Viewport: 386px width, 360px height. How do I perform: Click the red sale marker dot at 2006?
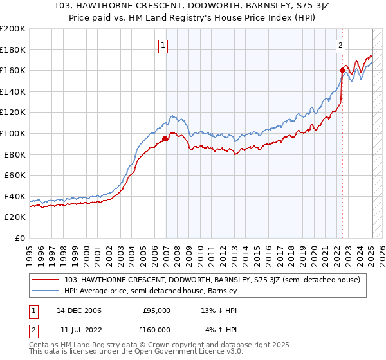(165, 138)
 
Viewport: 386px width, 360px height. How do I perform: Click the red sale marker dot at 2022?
(342, 70)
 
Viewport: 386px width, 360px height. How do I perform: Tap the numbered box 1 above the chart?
(164, 45)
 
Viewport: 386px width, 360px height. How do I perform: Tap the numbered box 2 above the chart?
(340, 45)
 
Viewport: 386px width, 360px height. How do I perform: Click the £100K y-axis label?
(13, 133)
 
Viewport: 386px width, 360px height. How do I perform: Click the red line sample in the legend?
(46, 280)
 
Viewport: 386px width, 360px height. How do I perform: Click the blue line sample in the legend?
(46, 291)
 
